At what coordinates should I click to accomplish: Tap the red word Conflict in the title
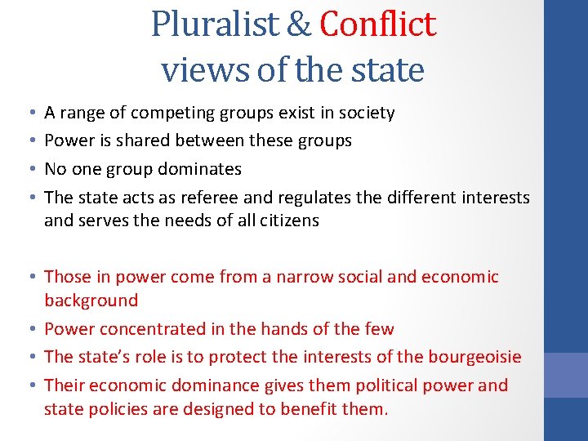point(378,24)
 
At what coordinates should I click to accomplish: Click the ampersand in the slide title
point(300,24)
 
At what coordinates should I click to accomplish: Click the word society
point(366,113)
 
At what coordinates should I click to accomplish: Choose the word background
point(91,300)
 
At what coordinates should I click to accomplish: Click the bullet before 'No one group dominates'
point(30,169)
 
